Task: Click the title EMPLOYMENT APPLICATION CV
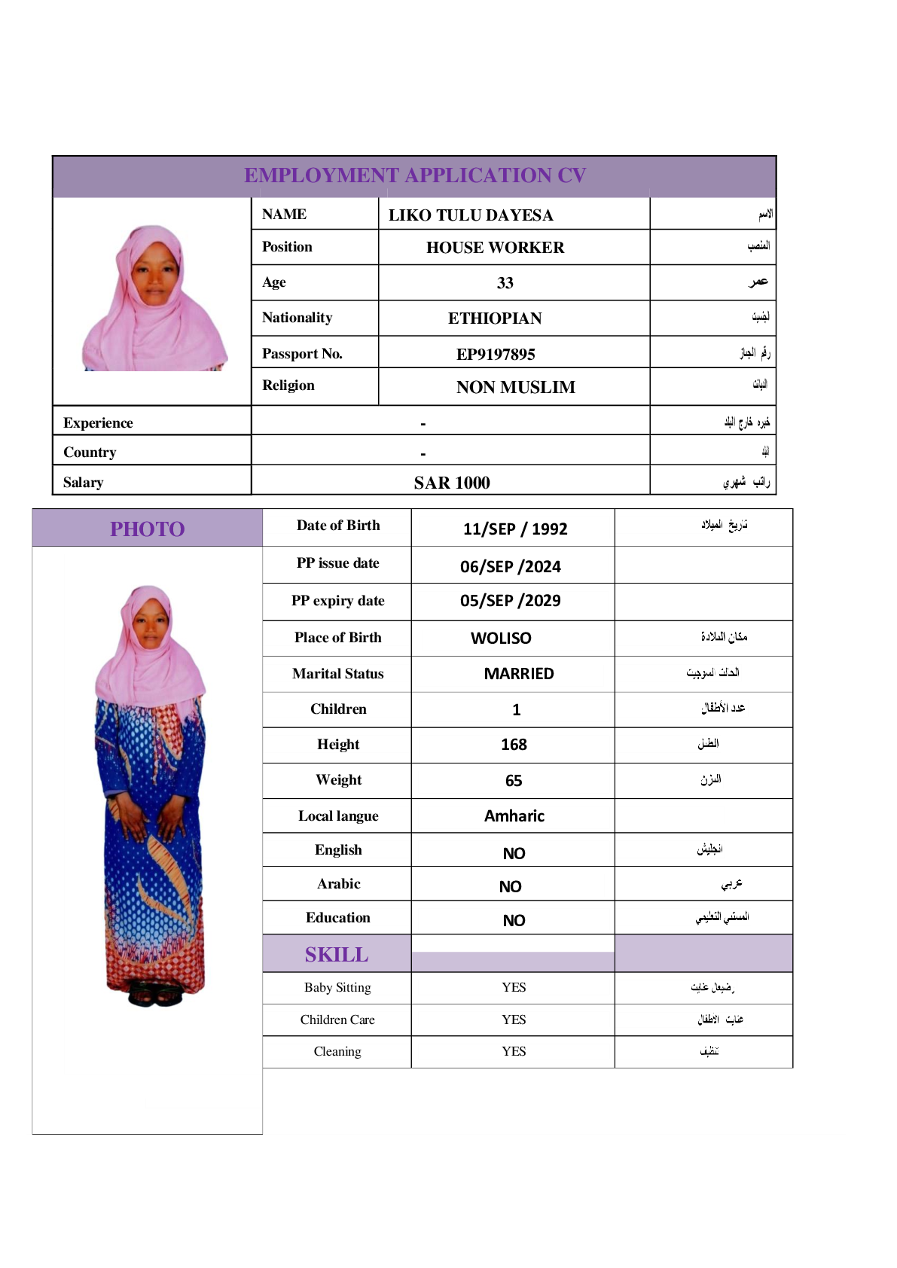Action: tap(414, 175)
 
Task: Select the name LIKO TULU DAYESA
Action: tap(471, 215)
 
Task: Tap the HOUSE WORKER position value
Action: tap(495, 248)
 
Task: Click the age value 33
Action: tap(505, 283)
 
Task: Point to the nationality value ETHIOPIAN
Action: tap(495, 319)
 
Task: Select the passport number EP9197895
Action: tap(496, 354)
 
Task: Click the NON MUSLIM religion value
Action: tap(515, 387)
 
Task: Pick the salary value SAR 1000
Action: tap(451, 483)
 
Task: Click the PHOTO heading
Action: tap(147, 529)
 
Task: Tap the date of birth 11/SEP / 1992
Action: tap(514, 529)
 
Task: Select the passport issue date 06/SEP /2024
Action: tap(510, 566)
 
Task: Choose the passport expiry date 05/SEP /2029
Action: tap(510, 600)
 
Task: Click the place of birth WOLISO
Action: tap(501, 638)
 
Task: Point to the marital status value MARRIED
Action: tap(518, 673)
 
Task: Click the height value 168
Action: tap(514, 744)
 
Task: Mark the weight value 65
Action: tap(514, 781)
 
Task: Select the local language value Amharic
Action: tap(514, 815)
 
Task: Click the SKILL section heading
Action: tap(337, 954)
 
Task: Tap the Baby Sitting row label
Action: tap(337, 987)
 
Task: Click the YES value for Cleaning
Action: tap(514, 1051)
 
